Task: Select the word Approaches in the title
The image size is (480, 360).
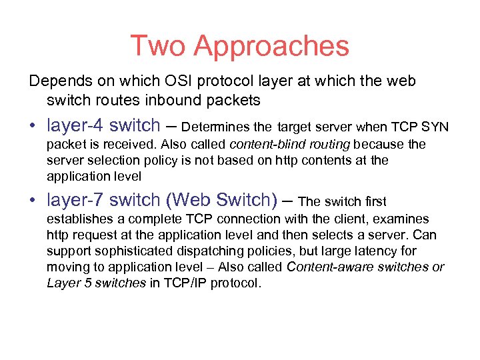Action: click(271, 47)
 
